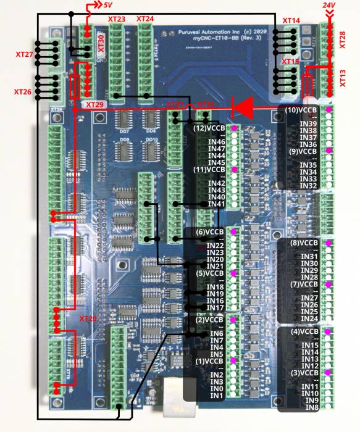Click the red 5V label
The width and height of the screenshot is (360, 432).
(107, 6)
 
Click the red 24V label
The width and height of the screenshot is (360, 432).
(329, 5)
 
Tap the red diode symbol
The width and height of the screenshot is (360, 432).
(243, 107)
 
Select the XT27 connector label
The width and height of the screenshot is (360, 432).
(24, 55)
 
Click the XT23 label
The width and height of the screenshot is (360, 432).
(117, 19)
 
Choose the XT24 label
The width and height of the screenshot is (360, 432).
(144, 19)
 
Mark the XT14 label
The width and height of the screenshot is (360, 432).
(291, 21)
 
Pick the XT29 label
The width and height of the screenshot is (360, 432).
(95, 105)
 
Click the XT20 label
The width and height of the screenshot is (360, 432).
(88, 318)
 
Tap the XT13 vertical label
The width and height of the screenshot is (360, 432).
(343, 79)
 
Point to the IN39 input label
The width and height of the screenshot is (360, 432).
(308, 123)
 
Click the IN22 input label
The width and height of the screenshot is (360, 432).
(215, 246)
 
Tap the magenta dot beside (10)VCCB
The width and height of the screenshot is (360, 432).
(329, 110)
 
